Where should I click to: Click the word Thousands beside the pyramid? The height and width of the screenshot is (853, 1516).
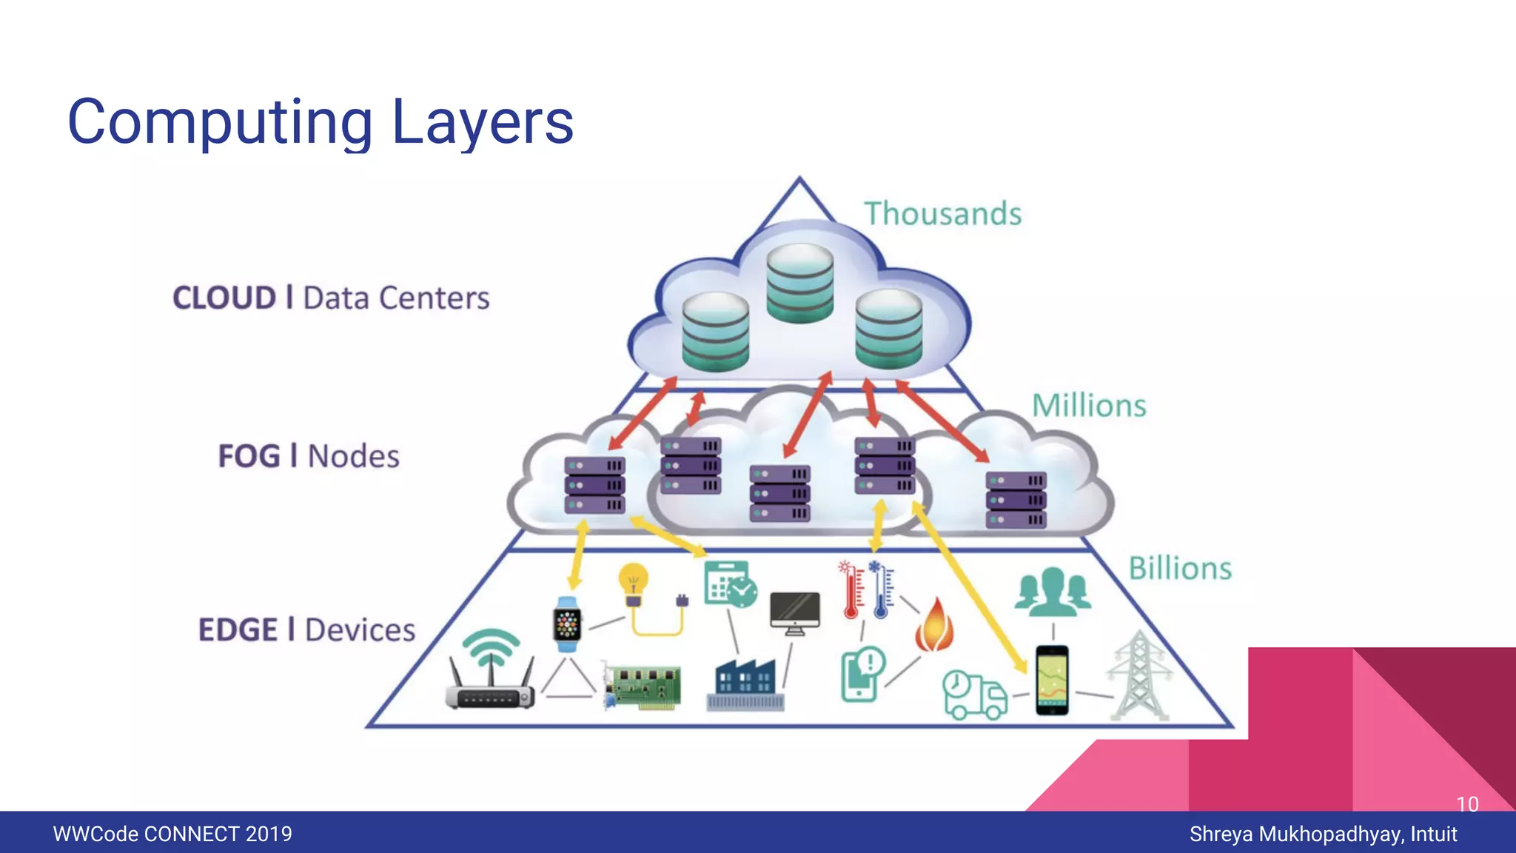click(x=942, y=214)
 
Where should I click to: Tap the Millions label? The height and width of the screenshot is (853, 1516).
click(x=1088, y=406)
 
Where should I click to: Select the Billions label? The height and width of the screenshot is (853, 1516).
click(x=1179, y=569)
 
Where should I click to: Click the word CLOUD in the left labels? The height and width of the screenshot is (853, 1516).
click(x=224, y=298)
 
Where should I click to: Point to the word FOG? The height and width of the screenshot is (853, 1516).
click(x=249, y=456)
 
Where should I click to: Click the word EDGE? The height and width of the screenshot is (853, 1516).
click(x=238, y=630)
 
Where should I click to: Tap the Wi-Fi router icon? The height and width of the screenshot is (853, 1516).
click(x=490, y=672)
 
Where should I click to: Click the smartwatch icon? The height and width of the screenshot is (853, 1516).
click(x=568, y=624)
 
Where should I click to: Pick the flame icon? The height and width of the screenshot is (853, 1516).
click(x=934, y=626)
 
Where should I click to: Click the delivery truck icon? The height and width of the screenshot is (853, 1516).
click(x=973, y=695)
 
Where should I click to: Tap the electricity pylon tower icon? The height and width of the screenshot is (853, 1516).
click(x=1139, y=678)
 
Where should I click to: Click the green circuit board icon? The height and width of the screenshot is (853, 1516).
click(x=643, y=686)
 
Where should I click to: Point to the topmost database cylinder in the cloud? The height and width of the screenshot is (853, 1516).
click(x=799, y=284)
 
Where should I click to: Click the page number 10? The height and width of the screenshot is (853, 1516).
click(x=1466, y=804)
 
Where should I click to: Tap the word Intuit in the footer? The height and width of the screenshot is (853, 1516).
click(x=1433, y=834)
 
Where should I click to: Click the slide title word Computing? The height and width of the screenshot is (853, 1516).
click(x=220, y=123)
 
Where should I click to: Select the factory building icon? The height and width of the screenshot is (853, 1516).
click(x=745, y=684)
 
